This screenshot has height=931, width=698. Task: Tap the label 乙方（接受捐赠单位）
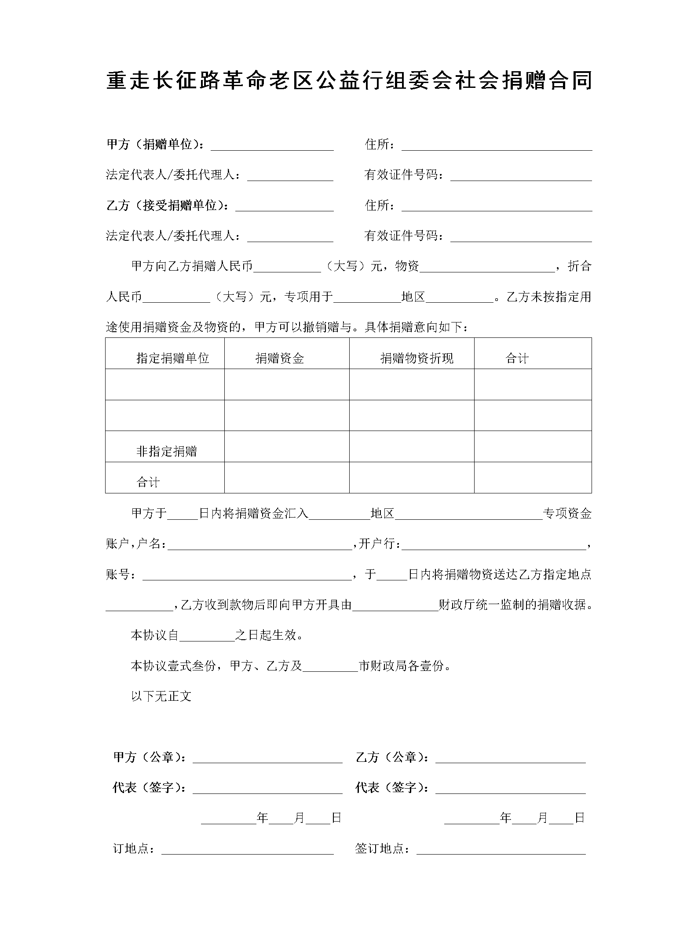(168, 206)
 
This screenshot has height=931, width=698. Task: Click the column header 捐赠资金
(280, 359)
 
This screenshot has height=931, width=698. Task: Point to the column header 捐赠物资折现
(417, 359)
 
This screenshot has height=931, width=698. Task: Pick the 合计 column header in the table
(517, 359)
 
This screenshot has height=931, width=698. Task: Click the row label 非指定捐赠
(167, 451)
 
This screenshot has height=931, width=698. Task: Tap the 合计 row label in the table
(148, 482)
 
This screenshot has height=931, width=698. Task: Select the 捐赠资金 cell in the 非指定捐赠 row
(287, 446)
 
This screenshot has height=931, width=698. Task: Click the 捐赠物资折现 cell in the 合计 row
(411, 478)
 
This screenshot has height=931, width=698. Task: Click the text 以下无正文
(161, 696)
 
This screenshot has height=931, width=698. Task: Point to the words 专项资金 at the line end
(567, 513)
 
